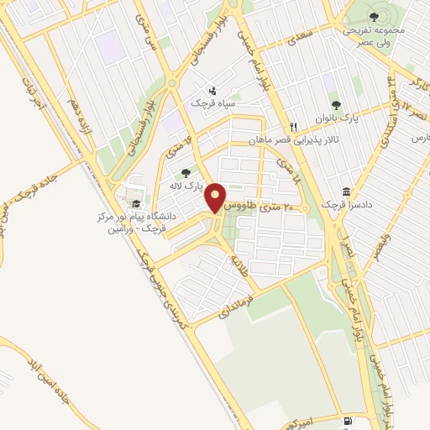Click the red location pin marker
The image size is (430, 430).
pos(217,197)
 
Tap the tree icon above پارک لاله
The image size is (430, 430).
pos(186,172)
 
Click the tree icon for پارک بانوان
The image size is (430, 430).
pos(336,105)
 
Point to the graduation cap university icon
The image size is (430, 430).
pos(134,204)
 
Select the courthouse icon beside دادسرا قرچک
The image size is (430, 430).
pos(347,191)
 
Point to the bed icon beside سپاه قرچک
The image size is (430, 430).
pos(212,90)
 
